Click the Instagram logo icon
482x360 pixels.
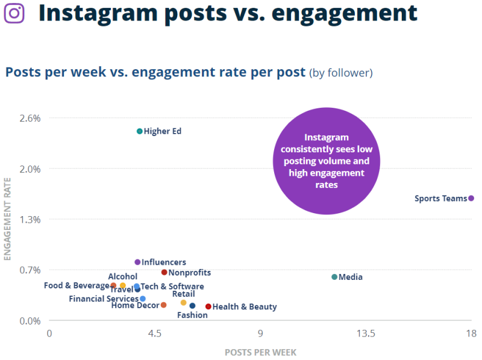(x=14, y=13)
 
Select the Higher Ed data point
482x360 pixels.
(x=139, y=131)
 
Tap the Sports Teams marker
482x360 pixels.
(x=471, y=198)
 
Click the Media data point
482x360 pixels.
(x=334, y=277)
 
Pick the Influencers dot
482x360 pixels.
(x=137, y=262)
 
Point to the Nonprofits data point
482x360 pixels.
(x=164, y=273)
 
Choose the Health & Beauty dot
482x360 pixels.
(x=208, y=306)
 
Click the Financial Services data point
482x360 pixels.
(x=143, y=299)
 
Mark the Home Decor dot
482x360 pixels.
(x=163, y=305)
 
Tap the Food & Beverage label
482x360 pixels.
(x=77, y=285)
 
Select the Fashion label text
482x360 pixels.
(x=192, y=315)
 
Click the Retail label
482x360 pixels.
(x=183, y=294)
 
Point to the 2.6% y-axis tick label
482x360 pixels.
(x=30, y=118)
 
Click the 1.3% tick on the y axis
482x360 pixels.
(x=30, y=219)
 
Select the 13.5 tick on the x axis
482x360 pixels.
(x=366, y=333)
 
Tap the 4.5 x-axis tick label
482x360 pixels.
(x=155, y=333)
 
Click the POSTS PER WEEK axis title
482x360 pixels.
(x=260, y=352)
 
